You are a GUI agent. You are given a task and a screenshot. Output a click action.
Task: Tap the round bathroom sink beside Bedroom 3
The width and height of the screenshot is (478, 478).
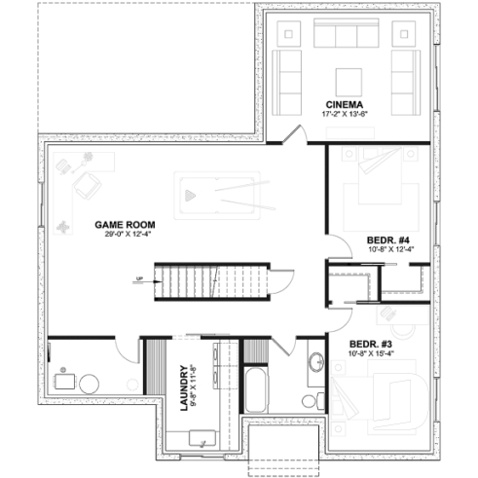[x=315, y=363]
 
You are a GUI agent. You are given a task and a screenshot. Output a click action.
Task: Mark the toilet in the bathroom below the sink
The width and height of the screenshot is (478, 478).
[x=311, y=399]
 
